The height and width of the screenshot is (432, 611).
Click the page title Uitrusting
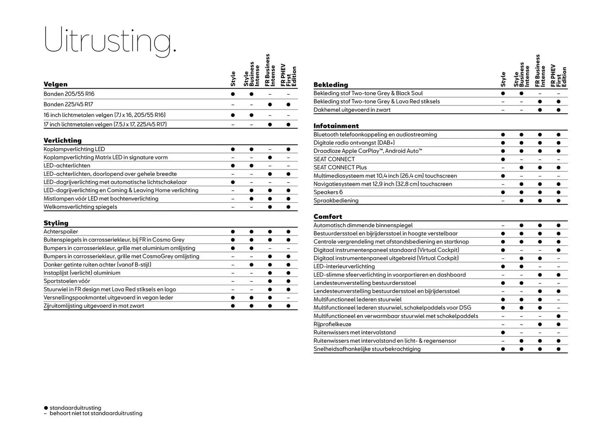click(x=110, y=40)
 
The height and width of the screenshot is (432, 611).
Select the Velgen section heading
click(x=56, y=84)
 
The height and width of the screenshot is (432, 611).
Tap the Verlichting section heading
click(x=63, y=140)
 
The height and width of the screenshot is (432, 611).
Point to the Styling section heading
click(x=56, y=223)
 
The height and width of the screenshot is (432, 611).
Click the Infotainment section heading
click(x=336, y=126)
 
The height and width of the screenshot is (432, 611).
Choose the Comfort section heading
click(x=328, y=217)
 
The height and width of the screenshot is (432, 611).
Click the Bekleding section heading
click(x=331, y=85)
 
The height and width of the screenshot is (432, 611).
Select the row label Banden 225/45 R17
click(x=68, y=104)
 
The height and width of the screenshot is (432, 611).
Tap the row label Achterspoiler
click(x=61, y=232)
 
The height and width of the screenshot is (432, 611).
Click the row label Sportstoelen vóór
click(x=67, y=281)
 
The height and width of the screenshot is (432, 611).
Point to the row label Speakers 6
click(x=328, y=192)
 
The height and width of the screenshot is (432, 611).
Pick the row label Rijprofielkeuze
click(x=333, y=324)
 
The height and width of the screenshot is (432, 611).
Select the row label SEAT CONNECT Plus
click(x=340, y=167)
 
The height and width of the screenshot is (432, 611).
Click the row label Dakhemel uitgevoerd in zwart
click(x=352, y=110)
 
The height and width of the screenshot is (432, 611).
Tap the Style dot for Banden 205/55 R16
click(x=233, y=94)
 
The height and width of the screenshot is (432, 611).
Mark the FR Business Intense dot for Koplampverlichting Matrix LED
click(x=270, y=157)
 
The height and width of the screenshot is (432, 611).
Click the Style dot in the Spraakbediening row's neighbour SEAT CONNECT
click(x=503, y=159)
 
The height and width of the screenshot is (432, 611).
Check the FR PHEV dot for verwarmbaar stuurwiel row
click(x=558, y=316)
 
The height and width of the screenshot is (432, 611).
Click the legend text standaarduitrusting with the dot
click(x=75, y=408)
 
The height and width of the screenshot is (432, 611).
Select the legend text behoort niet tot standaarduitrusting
click(x=96, y=413)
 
